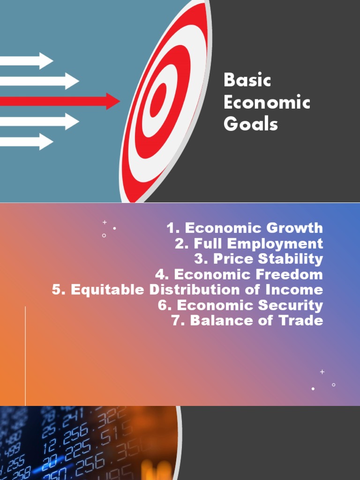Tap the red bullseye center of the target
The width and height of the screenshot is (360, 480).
coord(159,100)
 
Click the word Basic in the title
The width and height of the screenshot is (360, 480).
coord(247,80)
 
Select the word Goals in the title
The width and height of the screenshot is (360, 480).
coord(251,124)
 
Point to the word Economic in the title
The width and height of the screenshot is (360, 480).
coord(267,103)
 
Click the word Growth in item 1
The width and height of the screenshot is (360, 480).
coord(295,228)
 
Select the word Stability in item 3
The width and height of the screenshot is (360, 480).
coord(292,259)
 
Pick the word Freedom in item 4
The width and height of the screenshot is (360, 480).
coord(292,274)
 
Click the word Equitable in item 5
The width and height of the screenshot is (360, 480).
coord(107,290)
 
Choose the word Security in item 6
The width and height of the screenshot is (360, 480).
coord(292,305)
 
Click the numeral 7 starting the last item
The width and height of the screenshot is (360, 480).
coord(177,321)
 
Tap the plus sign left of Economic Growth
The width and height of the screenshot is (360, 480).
coord(105,222)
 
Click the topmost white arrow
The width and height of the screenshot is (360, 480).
coord(26,60)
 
